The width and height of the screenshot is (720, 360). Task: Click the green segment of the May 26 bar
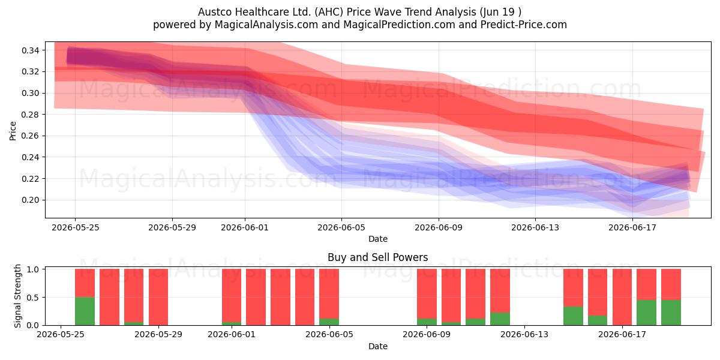pos(85,311)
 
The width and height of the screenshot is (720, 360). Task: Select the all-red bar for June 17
pos(622,297)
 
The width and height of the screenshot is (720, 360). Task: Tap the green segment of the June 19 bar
pos(671,313)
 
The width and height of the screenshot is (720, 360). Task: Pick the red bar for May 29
pos(158,297)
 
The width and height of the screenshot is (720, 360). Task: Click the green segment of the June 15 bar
pos(573,316)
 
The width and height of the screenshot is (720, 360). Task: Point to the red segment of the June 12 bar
pos(500,290)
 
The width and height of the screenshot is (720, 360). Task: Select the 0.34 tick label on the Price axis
pos(31,50)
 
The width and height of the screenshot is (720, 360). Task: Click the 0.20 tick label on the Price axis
pos(31,200)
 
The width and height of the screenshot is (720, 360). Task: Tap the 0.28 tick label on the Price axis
pos(31,115)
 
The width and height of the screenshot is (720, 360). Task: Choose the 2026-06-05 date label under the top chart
pos(341,227)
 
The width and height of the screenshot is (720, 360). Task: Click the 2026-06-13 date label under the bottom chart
pos(524,334)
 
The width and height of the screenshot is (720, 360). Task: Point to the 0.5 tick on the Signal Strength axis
pos(33,298)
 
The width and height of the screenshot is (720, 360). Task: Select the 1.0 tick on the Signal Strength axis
pos(33,269)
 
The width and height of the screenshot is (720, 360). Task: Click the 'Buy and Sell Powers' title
pos(377,257)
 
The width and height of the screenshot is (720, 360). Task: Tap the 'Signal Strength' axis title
pos(17,296)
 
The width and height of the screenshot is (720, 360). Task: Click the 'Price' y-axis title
pos(13,131)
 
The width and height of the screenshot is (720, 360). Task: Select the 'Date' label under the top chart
pos(378,239)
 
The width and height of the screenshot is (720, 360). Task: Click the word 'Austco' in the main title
pos(215,12)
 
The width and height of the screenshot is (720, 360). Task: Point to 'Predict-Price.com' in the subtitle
pos(524,25)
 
